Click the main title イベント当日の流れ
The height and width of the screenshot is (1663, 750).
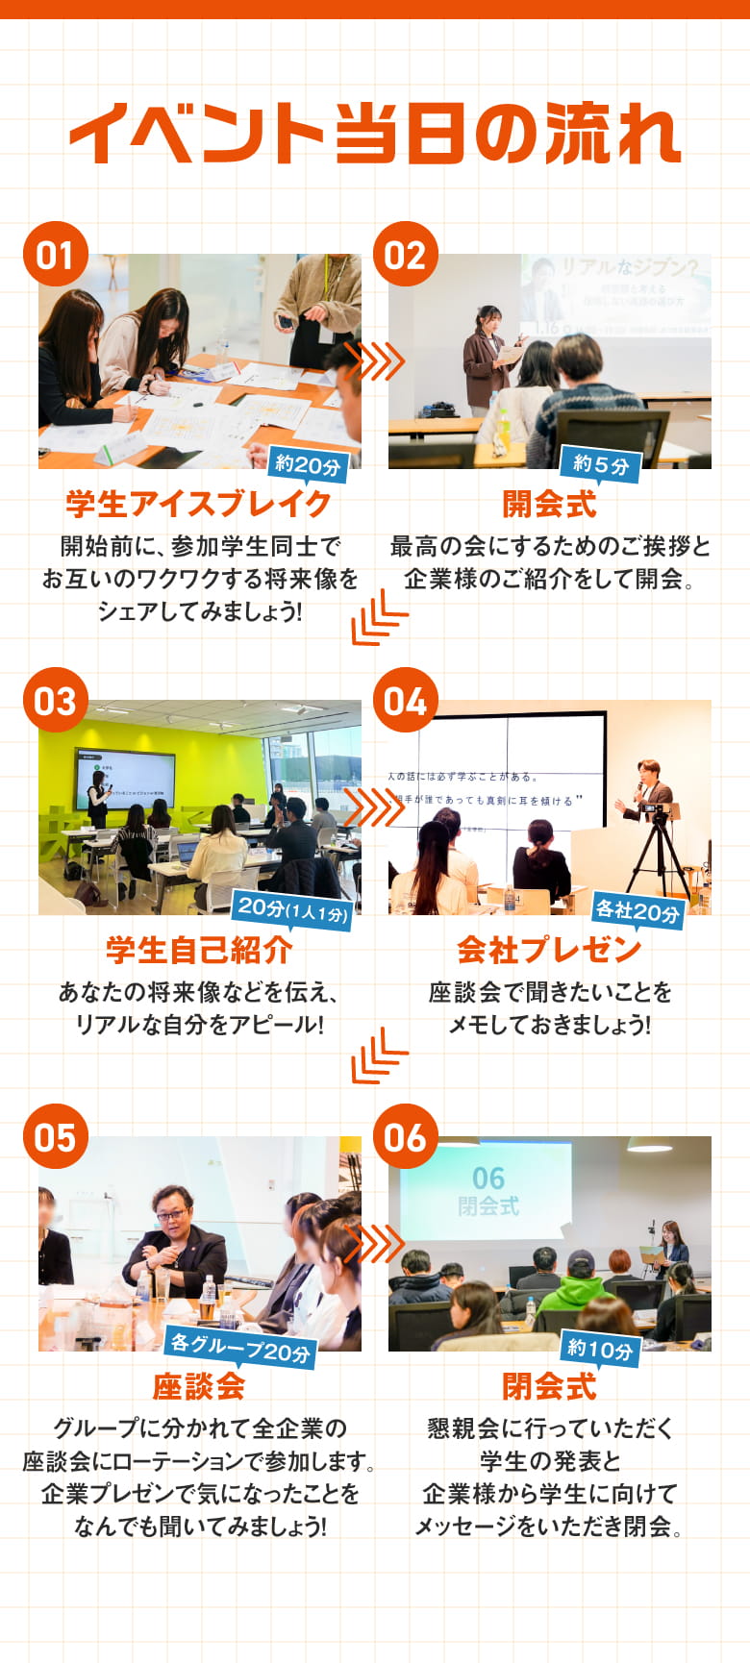tap(375, 134)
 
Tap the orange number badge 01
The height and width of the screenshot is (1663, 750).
tap(55, 255)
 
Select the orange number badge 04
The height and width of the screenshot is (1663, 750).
tap(405, 701)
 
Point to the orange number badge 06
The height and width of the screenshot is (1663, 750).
tap(405, 1137)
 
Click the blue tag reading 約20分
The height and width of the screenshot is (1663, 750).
tap(308, 465)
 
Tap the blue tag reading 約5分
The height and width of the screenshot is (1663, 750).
tap(601, 465)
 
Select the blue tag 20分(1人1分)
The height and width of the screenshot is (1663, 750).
tap(292, 908)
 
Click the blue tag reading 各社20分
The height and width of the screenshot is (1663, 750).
tap(637, 909)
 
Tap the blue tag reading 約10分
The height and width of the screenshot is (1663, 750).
tap(600, 1350)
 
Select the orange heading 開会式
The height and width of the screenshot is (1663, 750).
tap(549, 504)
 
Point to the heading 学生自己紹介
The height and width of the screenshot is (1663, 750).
tap(199, 950)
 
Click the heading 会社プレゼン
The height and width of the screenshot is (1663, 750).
tap(549, 950)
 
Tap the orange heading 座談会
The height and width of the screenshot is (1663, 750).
tap(199, 1386)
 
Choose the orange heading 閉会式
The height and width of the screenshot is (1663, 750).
tap(549, 1386)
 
